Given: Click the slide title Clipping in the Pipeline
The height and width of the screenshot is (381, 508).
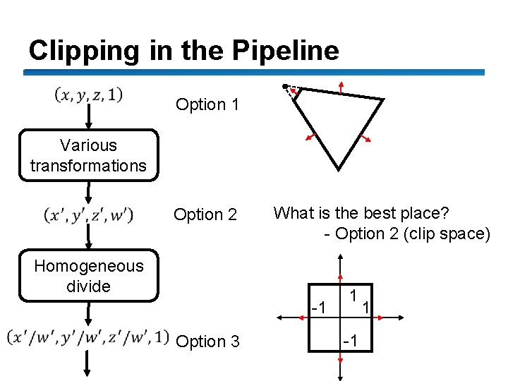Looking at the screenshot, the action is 183,50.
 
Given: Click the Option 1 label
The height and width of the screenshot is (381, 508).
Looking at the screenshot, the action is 207,105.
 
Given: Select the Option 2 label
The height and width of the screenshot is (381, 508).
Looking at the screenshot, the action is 205,214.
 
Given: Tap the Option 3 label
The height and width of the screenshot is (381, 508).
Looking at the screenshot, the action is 207,341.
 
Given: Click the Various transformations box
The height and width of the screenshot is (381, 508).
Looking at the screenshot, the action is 88,155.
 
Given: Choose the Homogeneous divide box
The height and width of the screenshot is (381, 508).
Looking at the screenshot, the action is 88,276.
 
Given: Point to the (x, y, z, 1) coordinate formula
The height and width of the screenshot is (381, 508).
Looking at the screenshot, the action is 88,94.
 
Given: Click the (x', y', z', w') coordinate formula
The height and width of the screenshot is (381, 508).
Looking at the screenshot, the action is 88,214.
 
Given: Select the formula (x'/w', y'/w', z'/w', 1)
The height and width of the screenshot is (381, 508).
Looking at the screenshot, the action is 87,337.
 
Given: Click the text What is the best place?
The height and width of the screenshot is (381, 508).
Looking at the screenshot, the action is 361,212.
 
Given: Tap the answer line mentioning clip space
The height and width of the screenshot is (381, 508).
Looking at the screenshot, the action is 406,234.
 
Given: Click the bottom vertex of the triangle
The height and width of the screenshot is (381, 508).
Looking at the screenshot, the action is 339,169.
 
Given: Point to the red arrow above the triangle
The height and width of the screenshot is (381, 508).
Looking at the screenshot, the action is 341,87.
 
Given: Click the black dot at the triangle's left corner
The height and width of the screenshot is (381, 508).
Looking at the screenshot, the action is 284,87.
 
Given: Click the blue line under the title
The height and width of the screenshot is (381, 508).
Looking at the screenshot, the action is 254,72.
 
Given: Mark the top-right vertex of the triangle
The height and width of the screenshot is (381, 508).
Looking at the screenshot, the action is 382,100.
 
